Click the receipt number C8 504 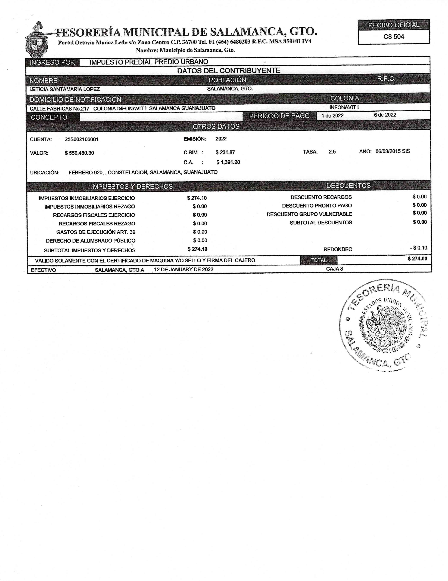(x=394, y=37)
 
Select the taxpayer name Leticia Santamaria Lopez (x=65, y=89)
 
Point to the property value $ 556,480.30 (x=79, y=153)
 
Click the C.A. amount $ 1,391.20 (x=228, y=162)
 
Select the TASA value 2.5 (x=332, y=152)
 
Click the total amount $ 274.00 (x=417, y=259)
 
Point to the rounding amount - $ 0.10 (x=419, y=248)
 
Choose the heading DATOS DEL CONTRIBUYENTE (x=229, y=71)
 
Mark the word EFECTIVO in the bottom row (x=43, y=270)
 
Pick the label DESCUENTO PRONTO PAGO (x=317, y=206)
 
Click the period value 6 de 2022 (x=385, y=115)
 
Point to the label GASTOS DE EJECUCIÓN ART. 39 (x=96, y=232)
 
